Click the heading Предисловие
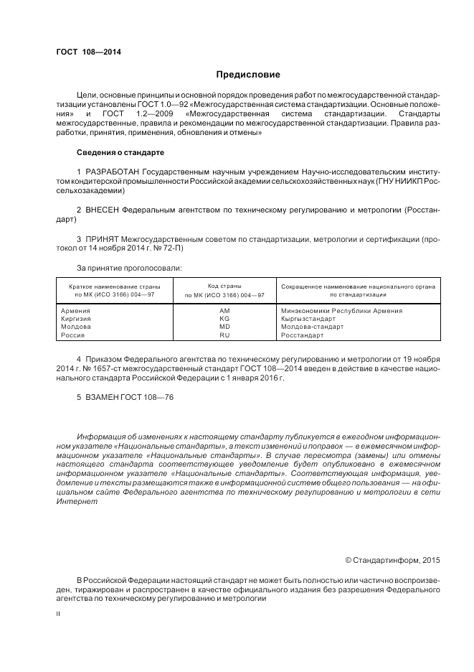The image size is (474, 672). pyautogui.click(x=248, y=75)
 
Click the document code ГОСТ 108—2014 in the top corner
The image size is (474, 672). pyautogui.click(x=88, y=51)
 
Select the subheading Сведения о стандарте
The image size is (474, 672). pyautogui.click(x=120, y=152)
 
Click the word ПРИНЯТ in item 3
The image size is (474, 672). pyautogui.click(x=100, y=238)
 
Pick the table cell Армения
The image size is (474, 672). pyautogui.click(x=77, y=311)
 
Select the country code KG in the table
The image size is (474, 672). pyautogui.click(x=224, y=319)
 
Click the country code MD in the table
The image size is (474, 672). pyautogui.click(x=224, y=327)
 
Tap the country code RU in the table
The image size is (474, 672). pyautogui.click(x=224, y=335)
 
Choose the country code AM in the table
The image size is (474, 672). pyautogui.click(x=224, y=311)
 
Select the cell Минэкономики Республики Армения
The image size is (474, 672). pyautogui.click(x=341, y=311)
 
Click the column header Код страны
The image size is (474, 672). pyautogui.click(x=224, y=286)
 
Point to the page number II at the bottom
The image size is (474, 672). pyautogui.click(x=60, y=615)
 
